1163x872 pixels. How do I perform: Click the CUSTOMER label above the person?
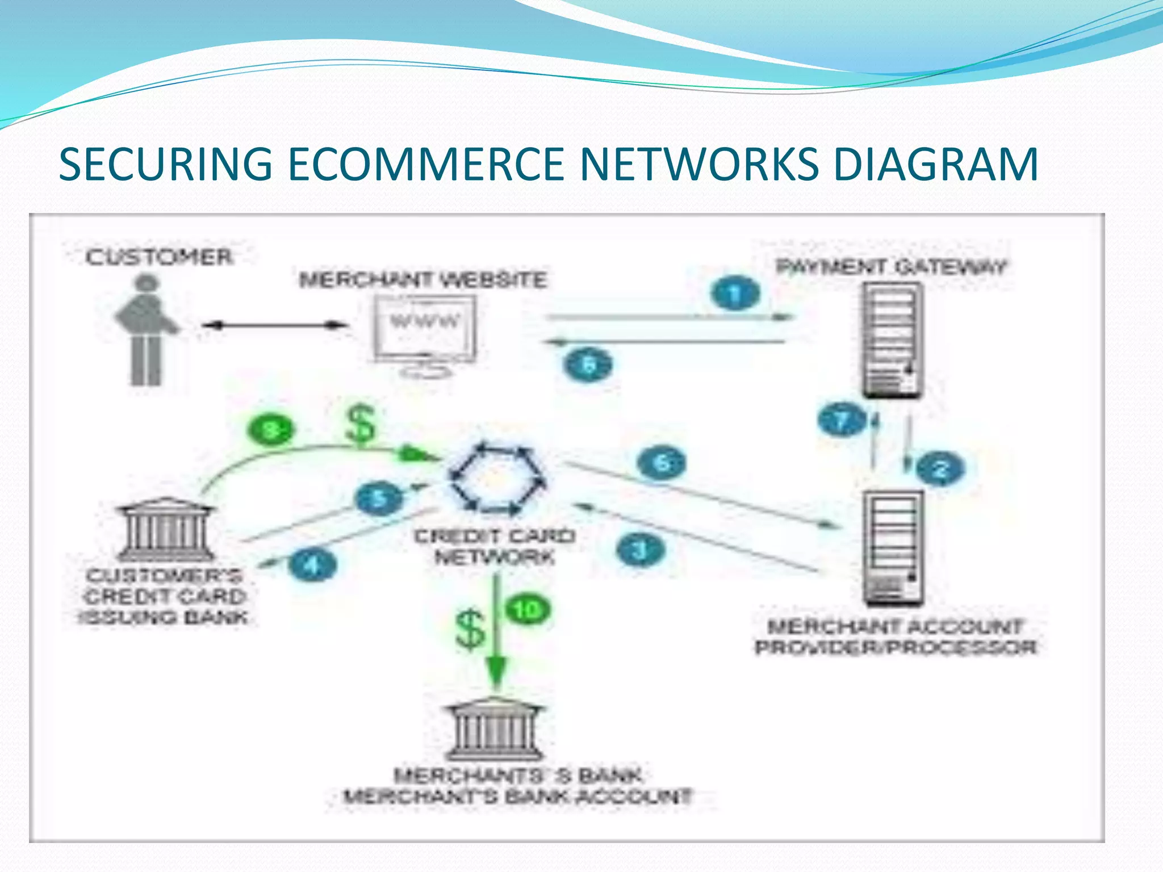(159, 257)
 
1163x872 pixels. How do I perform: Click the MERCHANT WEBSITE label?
(423, 280)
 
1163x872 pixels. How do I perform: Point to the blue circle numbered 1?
(734, 294)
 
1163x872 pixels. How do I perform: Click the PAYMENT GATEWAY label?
(891, 267)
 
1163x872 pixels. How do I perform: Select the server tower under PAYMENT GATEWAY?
(892, 341)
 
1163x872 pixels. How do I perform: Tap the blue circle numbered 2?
(940, 469)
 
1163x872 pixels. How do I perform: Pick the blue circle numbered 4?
(312, 565)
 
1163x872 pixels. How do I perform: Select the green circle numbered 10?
(528, 610)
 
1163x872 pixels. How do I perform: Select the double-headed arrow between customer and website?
(275, 325)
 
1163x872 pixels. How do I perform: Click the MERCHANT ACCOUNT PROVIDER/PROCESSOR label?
(896, 637)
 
